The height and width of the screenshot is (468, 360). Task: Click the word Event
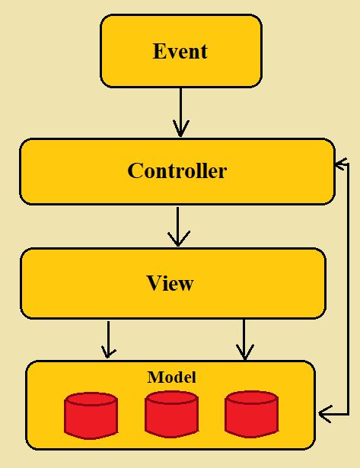point(180,52)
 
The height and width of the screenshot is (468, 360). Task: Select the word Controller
point(177,170)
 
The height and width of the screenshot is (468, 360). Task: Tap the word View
point(170,283)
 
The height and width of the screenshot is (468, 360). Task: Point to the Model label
point(171,377)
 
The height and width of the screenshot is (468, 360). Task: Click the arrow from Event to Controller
point(180,111)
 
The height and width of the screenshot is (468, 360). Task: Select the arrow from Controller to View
point(178,225)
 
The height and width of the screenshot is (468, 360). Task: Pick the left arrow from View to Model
point(109,338)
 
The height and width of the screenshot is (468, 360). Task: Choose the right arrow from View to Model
point(244,338)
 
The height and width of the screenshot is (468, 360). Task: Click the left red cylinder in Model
point(91,415)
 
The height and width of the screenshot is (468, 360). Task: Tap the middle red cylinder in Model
point(171,414)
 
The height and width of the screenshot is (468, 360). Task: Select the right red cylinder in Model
point(251,414)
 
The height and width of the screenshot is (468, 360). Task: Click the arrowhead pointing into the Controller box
point(340,163)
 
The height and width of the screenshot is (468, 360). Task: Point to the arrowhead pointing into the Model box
point(324,414)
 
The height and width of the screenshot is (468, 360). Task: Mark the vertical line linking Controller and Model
point(348,289)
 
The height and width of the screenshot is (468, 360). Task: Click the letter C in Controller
point(135,170)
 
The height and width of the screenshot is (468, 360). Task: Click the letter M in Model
point(153,377)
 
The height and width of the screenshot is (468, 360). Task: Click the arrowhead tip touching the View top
point(178,246)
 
